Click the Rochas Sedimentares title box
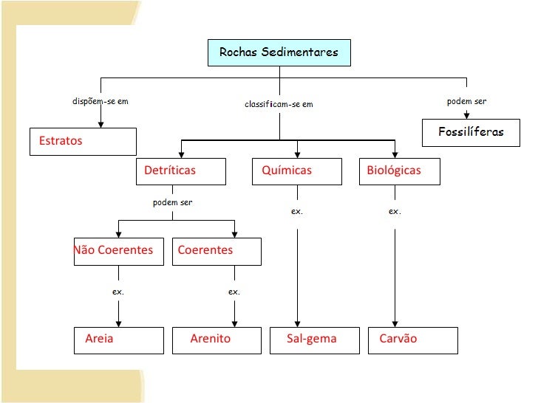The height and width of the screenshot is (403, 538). click(279, 52)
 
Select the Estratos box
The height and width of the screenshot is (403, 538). click(83, 141)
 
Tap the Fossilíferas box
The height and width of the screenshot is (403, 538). click(470, 132)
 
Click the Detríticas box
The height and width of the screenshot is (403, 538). click(181, 170)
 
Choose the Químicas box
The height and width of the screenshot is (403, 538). click(296, 170)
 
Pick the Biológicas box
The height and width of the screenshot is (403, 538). click(400, 170)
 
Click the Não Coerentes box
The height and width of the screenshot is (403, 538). click(118, 250)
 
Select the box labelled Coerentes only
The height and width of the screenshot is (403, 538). click(217, 250)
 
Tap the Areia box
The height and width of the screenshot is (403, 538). click(118, 340)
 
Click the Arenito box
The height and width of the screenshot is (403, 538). click(217, 340)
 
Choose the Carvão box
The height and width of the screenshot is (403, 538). click(413, 340)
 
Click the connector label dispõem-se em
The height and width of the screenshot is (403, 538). click(100, 101)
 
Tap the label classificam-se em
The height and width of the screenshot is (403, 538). click(279, 104)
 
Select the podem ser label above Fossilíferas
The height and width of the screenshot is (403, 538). click(466, 101)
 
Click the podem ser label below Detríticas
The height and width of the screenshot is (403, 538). click(172, 203)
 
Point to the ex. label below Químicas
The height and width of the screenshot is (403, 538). click(297, 212)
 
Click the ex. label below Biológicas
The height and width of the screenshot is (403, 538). click(395, 212)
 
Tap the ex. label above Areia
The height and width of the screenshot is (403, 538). click(118, 292)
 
